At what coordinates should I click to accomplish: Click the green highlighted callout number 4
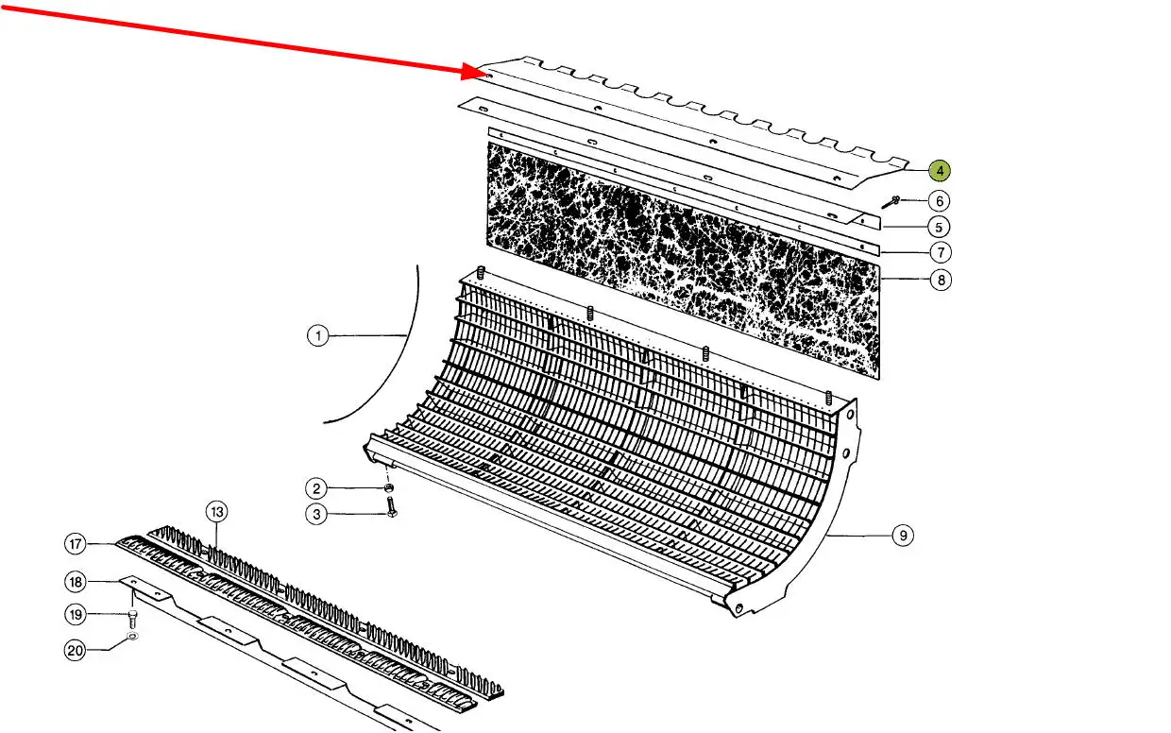coord(940,170)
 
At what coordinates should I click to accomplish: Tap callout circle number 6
coord(940,201)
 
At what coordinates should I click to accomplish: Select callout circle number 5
coord(940,227)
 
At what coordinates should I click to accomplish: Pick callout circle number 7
coord(941,252)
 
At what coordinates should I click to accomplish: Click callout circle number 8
coord(941,280)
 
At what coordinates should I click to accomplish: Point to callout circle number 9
coord(903,536)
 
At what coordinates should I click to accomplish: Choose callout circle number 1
coord(318,335)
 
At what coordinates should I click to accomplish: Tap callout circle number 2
coord(316,488)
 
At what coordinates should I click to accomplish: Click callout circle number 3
coord(316,514)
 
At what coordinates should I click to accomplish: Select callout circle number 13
coord(217,511)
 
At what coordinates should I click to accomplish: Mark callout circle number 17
coord(76,544)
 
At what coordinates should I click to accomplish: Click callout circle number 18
coord(76,582)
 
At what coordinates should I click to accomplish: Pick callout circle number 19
coord(76,614)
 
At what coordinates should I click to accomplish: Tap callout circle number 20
coord(75,651)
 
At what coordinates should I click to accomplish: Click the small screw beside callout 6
coord(891,202)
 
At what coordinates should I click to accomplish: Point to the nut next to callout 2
coord(388,487)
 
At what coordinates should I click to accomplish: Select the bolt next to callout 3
coord(392,507)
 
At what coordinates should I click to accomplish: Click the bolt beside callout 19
coord(132,619)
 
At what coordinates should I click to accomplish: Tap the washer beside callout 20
coord(133,637)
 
